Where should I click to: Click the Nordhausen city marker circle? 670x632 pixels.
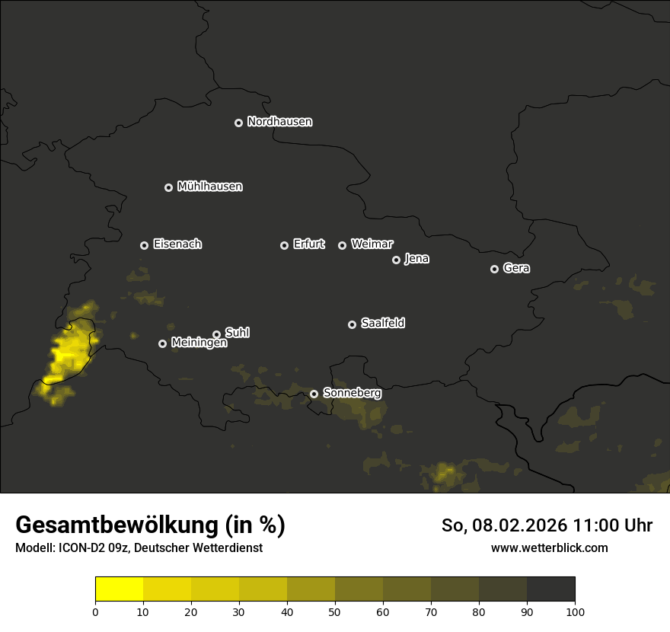pos(238,123)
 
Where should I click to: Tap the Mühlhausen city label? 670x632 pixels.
pos(209,187)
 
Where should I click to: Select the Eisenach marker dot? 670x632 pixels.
pos(144,245)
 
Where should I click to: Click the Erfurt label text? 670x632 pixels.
pos(308,244)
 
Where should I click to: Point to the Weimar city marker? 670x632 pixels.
pos(342,245)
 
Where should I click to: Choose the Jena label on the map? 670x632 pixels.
pos(416,259)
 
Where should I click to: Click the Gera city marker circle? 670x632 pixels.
pos(494,269)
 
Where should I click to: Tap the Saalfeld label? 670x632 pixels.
pos(382,324)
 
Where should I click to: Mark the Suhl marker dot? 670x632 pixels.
pos(216,334)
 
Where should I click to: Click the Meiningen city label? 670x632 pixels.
pos(199,343)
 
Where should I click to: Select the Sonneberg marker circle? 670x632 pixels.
pos(314,394)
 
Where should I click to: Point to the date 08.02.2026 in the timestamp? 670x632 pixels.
pos(517,525)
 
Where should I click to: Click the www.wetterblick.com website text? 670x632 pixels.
pos(549,547)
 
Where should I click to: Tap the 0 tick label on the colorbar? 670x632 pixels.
pos(95,611)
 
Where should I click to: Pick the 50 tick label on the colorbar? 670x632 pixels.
pos(335,611)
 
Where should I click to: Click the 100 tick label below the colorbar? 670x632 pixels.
pos(575,611)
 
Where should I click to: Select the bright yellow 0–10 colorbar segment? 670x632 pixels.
pos(120,589)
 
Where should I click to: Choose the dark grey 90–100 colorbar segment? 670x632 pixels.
pos(550,589)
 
